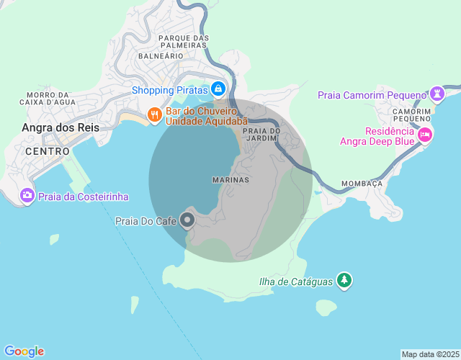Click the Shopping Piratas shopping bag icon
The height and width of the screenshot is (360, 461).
pos(218,89)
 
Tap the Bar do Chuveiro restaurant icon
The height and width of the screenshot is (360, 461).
pos(153,114)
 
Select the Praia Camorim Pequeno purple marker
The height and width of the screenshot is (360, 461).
pos(437,94)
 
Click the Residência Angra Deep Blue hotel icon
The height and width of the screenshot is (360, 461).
pos(425,134)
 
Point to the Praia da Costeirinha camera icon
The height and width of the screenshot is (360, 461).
pos(27,195)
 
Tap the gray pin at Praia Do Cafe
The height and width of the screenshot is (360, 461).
pos(187,219)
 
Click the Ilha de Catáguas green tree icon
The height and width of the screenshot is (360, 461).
pos(345,280)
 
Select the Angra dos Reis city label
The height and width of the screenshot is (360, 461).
pos(61,127)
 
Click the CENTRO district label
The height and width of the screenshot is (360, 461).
pos(48,152)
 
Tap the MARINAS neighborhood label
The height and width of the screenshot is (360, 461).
pos(231,179)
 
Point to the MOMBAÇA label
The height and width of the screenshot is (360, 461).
pos(362,184)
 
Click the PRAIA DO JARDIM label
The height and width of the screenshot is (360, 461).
pos(261,134)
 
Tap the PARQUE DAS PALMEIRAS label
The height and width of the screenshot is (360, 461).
pos(184,42)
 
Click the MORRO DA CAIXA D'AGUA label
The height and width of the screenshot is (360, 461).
pos(48,99)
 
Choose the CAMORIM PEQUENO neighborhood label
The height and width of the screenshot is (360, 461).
pos(413,115)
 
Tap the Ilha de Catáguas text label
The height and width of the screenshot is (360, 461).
pos(296,282)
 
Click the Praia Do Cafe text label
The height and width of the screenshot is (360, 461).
pos(146,222)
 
